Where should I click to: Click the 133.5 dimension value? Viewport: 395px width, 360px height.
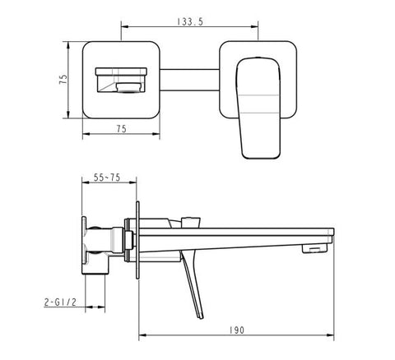190,22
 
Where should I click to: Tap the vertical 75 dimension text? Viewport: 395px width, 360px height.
63,80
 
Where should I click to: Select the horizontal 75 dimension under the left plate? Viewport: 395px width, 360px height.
122,128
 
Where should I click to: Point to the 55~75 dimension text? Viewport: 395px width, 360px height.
107,178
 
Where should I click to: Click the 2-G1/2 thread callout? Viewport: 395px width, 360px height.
60,302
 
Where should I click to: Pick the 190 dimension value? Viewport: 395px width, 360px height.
237,330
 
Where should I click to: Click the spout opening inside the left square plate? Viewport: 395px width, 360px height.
121,80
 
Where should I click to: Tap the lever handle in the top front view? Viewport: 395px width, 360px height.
259,108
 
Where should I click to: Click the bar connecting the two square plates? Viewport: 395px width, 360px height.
189,80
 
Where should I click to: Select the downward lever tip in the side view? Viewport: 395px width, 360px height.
201,316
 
